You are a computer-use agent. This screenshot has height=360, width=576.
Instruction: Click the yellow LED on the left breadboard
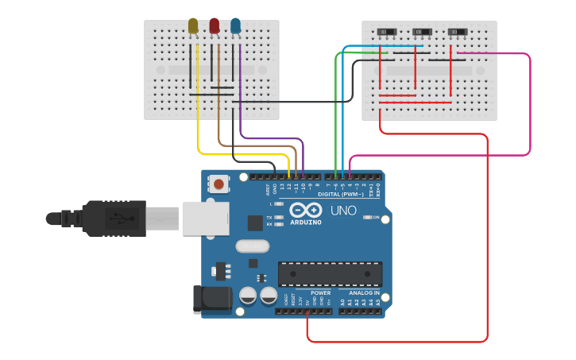coord(193,26)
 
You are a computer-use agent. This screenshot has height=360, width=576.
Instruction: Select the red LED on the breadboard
coord(215,26)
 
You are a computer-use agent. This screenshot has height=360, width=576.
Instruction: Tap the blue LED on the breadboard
coord(235,26)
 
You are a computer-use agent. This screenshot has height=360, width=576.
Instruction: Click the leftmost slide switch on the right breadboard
coord(386,32)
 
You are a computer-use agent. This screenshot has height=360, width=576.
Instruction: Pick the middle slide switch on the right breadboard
coord(423,32)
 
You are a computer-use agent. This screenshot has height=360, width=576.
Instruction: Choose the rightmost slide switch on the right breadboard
coord(457,32)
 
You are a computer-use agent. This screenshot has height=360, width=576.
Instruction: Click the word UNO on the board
coord(343,211)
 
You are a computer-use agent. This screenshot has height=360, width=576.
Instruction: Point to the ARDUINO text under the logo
coord(305,223)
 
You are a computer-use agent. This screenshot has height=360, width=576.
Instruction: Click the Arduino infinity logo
coord(305,210)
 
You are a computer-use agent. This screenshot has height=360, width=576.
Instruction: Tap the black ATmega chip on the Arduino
coord(329,273)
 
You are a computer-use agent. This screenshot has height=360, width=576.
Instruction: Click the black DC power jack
coord(211,299)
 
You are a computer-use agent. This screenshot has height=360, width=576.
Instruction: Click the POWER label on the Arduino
coord(320,292)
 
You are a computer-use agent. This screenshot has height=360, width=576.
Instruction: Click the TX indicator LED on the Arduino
coord(279,217)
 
